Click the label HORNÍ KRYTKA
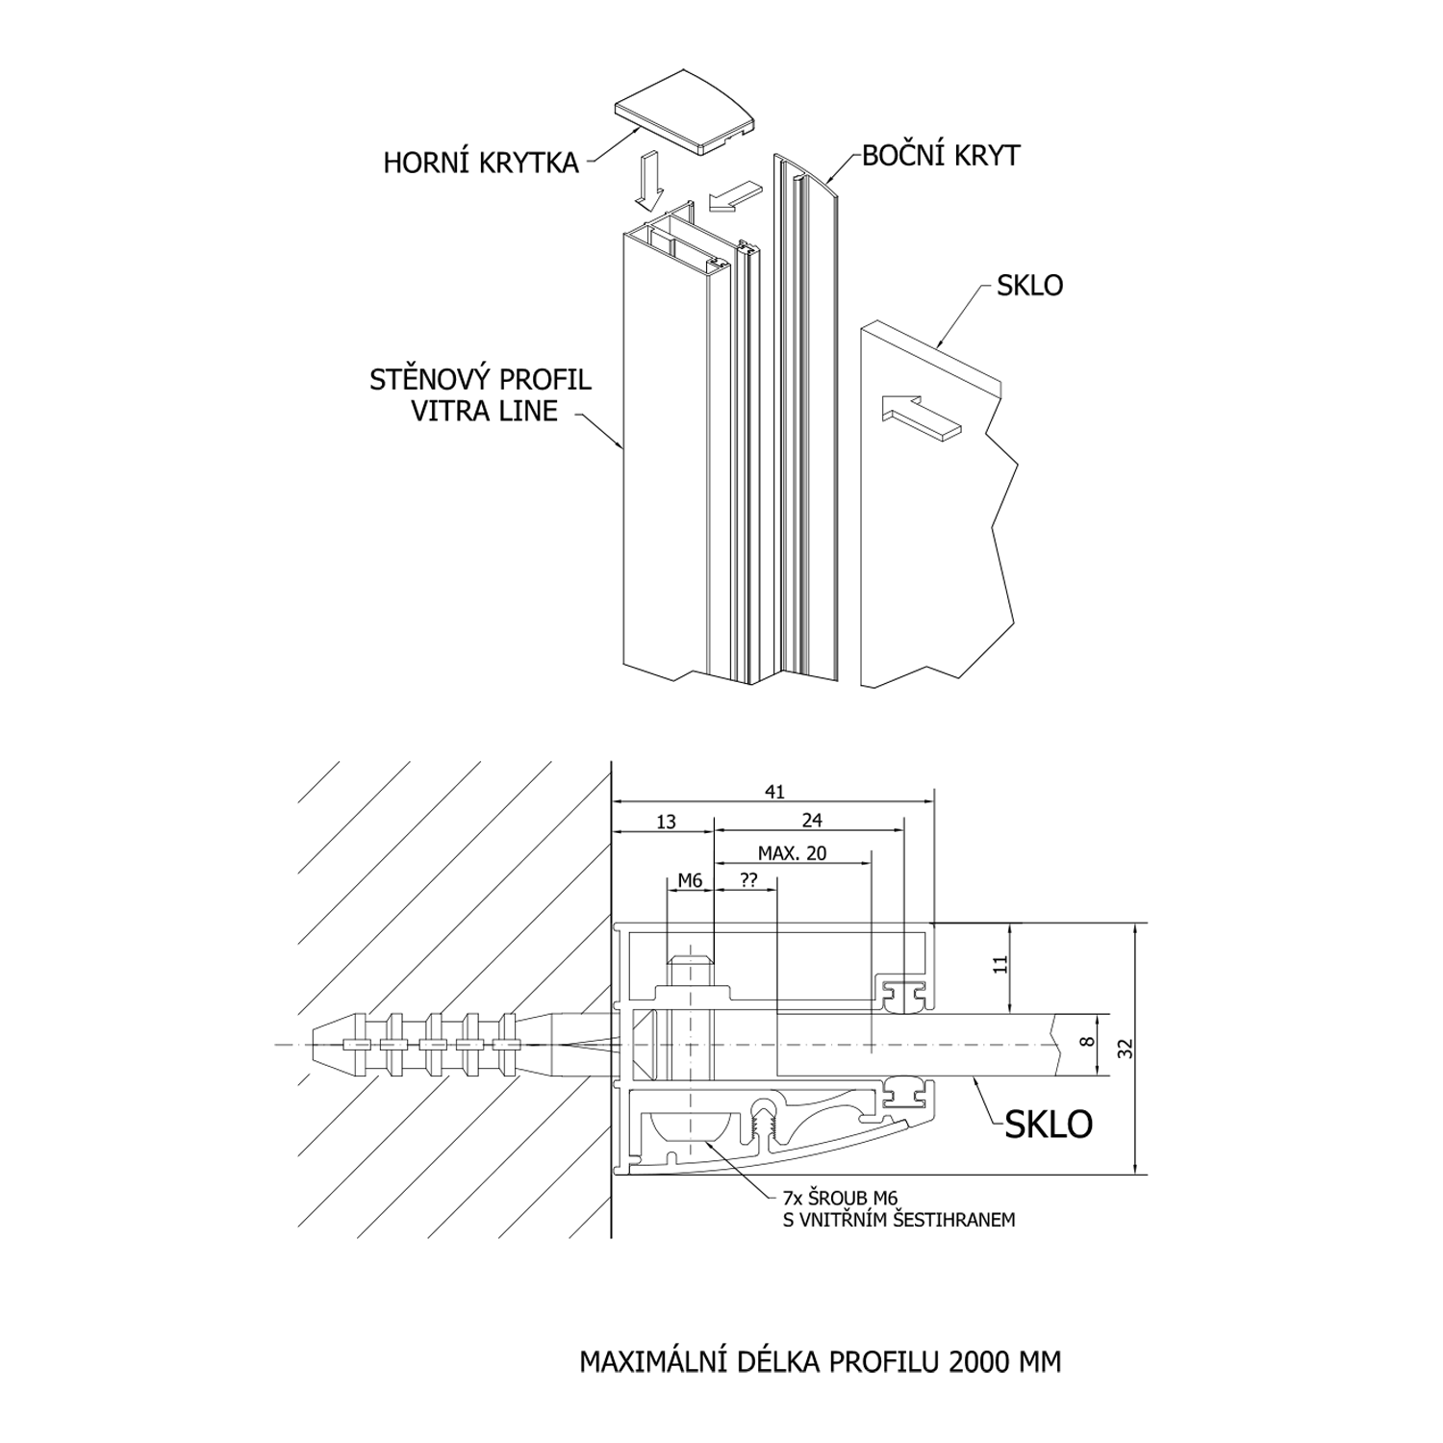click(x=481, y=163)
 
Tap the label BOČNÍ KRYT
click(x=940, y=156)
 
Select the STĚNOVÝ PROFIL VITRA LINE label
click(x=480, y=394)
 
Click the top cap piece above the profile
click(x=688, y=111)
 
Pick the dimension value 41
click(x=774, y=792)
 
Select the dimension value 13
click(x=666, y=821)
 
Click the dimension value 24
click(x=812, y=821)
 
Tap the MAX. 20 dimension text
click(x=792, y=853)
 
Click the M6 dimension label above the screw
click(x=690, y=880)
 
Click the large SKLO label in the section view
click(x=1049, y=1124)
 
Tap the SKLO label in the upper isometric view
click(x=1029, y=286)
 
